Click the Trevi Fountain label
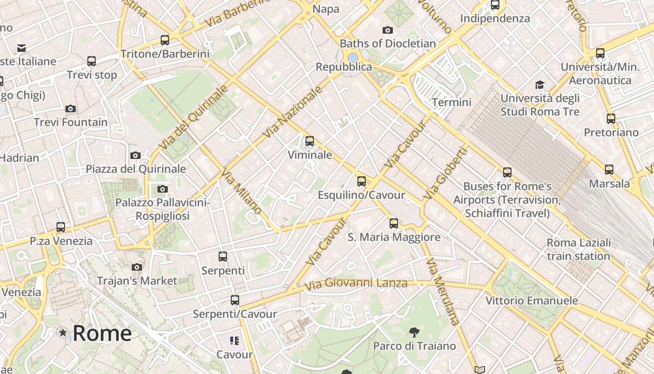(71, 122)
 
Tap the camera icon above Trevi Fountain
(71, 109)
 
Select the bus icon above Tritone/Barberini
(165, 40)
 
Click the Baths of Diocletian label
(388, 43)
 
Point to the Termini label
(452, 102)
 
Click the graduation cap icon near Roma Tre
(540, 85)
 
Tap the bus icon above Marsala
(609, 170)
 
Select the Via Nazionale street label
(293, 112)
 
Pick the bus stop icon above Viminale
(309, 141)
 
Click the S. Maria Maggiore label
(394, 237)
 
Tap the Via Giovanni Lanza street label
(355, 283)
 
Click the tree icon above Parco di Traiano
(414, 333)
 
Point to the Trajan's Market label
(137, 281)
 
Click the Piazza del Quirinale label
(135, 169)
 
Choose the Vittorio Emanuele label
(532, 301)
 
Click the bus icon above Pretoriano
(611, 119)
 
